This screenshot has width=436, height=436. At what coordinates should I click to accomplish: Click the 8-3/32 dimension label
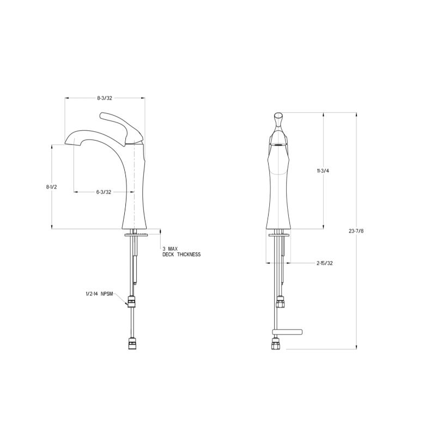(x=105, y=98)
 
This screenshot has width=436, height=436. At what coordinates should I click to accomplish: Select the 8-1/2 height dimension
(x=52, y=187)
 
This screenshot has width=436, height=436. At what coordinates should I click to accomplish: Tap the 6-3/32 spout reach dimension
(x=104, y=192)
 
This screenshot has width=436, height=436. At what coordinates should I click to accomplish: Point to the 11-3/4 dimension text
(x=323, y=171)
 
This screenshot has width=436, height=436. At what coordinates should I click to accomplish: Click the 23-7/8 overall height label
(x=356, y=231)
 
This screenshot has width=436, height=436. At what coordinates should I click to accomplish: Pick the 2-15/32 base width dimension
(x=324, y=263)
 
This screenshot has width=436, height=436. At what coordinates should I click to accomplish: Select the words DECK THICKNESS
(x=181, y=255)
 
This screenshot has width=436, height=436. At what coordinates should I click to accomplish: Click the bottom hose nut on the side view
(x=131, y=344)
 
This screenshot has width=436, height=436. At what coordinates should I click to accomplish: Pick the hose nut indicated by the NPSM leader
(x=131, y=300)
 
